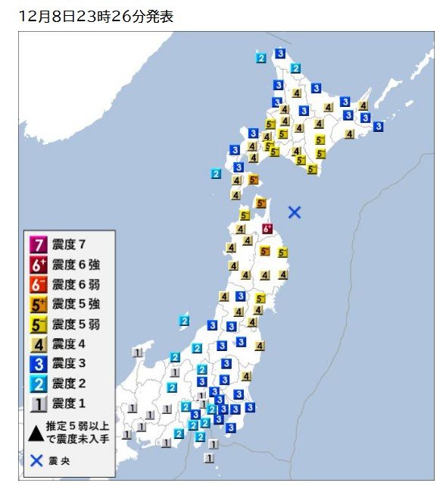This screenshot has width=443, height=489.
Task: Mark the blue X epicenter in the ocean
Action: pyautogui.click(x=295, y=212)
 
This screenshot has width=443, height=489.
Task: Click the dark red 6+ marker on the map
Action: pyautogui.click(x=267, y=228)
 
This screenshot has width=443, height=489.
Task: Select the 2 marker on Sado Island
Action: pyautogui.click(x=184, y=321)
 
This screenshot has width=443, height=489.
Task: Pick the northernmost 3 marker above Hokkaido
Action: pyautogui.click(x=279, y=52)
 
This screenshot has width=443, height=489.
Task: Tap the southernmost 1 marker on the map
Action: pyautogui.click(x=209, y=458)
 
